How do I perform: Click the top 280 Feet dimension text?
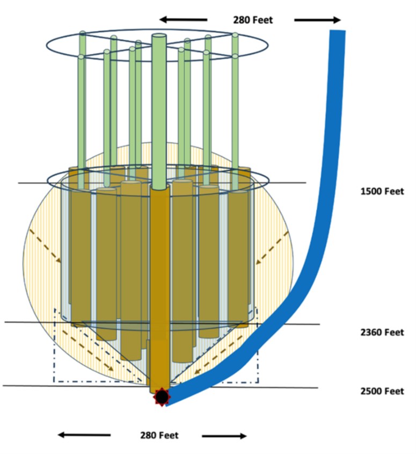pyautogui.click(x=252, y=20)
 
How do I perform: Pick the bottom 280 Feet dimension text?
pyautogui.click(x=159, y=435)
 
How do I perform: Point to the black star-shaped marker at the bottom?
pyautogui.click(x=161, y=398)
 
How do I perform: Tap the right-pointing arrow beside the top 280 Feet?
pyautogui.click(x=318, y=20)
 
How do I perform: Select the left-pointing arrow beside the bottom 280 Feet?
pyautogui.click(x=84, y=435)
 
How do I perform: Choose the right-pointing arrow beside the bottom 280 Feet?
pyautogui.click(x=224, y=435)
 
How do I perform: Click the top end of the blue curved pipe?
pyautogui.click(x=337, y=33)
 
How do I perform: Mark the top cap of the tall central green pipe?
pyautogui.click(x=159, y=37)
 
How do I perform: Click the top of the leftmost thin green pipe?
pyautogui.click(x=82, y=34)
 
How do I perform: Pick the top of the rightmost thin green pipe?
pyautogui.click(x=235, y=35)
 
